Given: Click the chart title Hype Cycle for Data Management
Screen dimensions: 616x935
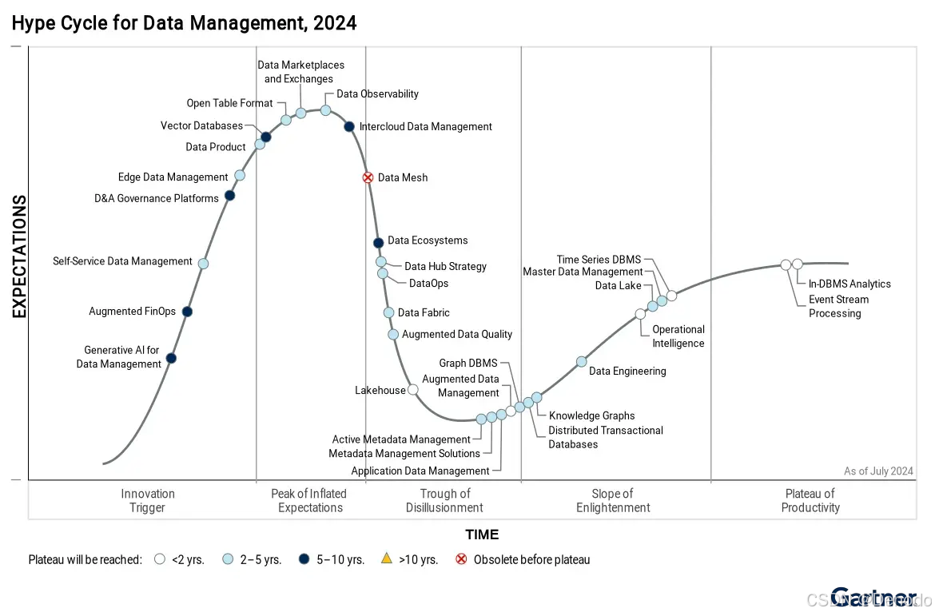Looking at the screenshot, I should coord(184,23).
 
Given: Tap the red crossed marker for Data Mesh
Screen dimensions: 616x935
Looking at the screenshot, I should coord(368,177).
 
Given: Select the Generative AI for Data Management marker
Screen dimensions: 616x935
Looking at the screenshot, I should coord(171,358).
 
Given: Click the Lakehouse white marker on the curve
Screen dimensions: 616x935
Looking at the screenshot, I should coord(412,390).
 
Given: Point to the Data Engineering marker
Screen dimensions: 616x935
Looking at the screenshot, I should coord(582,362).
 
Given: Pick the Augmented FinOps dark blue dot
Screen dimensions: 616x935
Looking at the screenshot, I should coord(187,312).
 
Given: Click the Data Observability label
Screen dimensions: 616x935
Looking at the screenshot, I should coord(377,94).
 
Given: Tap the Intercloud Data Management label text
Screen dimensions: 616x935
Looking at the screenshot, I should coord(425,126).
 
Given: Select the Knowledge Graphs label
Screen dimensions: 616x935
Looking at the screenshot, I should coord(591,415).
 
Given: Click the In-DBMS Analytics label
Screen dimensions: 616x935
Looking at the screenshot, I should coord(849,284).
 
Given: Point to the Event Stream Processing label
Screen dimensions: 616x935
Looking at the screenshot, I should coord(838,306).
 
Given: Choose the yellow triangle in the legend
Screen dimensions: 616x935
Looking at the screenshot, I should coord(387,559).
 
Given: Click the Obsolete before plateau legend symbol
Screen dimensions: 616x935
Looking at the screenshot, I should coord(461,559).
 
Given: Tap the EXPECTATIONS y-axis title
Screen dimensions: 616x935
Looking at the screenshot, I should coord(19,256).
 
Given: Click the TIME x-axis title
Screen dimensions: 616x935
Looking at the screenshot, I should coord(482,535).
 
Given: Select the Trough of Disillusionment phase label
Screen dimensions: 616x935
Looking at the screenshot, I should coord(444,500).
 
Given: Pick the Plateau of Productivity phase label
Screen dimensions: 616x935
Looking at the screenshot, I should coord(810,500).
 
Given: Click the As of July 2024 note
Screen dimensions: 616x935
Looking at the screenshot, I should coord(878,471).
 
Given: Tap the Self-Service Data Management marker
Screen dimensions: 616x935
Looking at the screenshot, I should coord(203,264).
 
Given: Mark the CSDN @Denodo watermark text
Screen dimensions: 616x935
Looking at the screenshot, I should coord(868,599).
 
